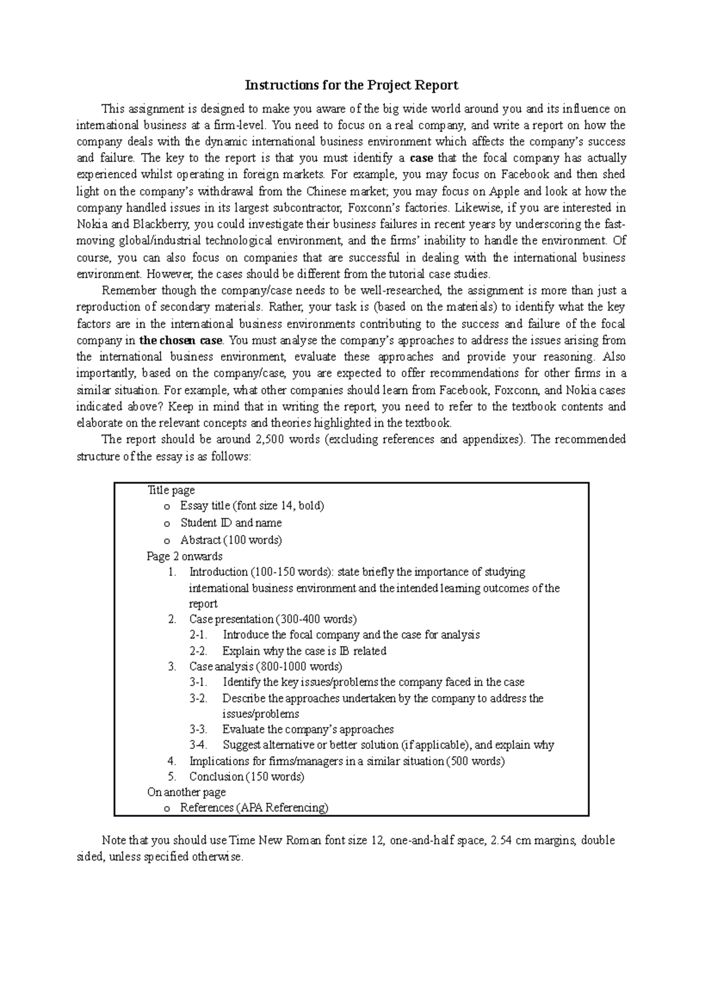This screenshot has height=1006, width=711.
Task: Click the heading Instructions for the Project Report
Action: tap(352, 85)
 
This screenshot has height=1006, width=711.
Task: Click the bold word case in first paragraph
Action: tap(421, 158)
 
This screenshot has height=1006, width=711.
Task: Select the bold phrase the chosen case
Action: tap(181, 341)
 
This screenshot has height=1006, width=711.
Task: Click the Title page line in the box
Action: tap(171, 491)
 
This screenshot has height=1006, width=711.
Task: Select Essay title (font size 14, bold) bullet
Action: tap(252, 506)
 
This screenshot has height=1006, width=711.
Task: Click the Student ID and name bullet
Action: tap(230, 523)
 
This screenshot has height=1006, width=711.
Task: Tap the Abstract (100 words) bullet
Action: tap(230, 540)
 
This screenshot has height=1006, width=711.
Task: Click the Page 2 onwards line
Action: tap(184, 556)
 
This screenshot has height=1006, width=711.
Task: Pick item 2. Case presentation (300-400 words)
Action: tap(272, 620)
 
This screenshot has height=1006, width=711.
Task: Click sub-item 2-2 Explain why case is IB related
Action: tap(304, 651)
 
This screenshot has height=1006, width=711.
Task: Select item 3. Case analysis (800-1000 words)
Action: tap(265, 667)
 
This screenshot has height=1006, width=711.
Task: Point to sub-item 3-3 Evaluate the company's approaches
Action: tap(308, 730)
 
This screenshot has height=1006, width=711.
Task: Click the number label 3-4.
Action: tap(198, 745)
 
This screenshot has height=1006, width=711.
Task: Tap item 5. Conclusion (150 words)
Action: tap(246, 777)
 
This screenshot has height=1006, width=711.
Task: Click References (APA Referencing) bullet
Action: tap(254, 808)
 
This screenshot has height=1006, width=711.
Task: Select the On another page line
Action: tap(186, 793)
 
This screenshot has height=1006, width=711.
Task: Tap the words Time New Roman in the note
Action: tap(269, 841)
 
